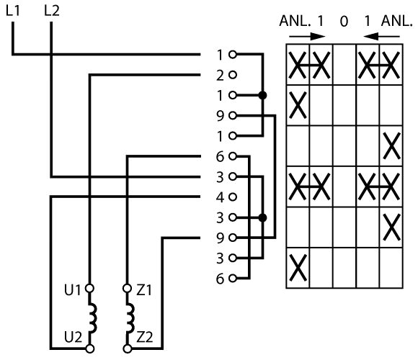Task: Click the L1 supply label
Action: [x=12, y=11]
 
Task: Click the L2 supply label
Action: [x=51, y=11]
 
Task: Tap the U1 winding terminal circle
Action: [x=89, y=289]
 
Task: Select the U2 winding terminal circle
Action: [x=90, y=348]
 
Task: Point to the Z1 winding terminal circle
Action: [x=127, y=289]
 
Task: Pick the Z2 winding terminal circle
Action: [x=128, y=348]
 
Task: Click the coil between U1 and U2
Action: [x=92, y=318]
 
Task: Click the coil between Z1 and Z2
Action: [x=130, y=318]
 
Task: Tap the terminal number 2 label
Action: [x=221, y=76]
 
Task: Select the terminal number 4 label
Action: [x=221, y=197]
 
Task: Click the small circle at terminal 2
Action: [x=233, y=75]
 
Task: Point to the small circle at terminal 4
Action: [x=233, y=197]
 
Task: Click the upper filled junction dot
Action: [x=262, y=95]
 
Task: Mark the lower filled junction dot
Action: [x=262, y=217]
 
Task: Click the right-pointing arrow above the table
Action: [x=307, y=37]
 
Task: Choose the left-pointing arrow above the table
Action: [x=381, y=36]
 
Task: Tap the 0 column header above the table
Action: [x=344, y=22]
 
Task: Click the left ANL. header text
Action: [x=295, y=21]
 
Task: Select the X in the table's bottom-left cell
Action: [x=298, y=268]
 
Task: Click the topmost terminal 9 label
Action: [x=221, y=116]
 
